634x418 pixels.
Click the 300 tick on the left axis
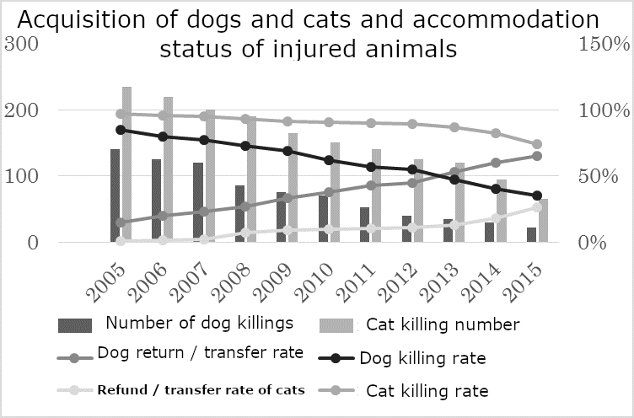[20, 44]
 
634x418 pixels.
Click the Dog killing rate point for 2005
[121, 130]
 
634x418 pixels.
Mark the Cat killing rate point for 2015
[537, 144]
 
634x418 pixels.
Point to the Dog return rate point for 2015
[537, 156]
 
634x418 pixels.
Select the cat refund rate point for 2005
[121, 241]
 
